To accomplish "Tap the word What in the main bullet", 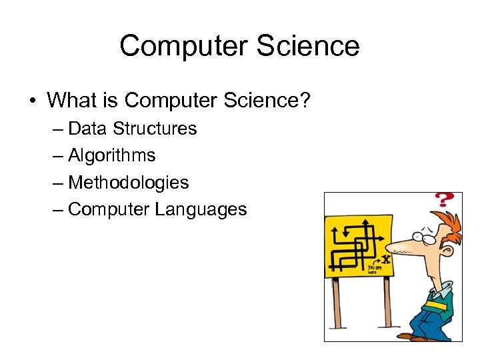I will point(74,101).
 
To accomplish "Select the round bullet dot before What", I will point(32,101).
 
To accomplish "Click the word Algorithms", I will point(112,155).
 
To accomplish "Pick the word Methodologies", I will point(129,183).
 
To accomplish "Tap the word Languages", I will point(201,209).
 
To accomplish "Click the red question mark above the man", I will point(443,201).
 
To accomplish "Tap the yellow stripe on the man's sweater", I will point(435,305).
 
